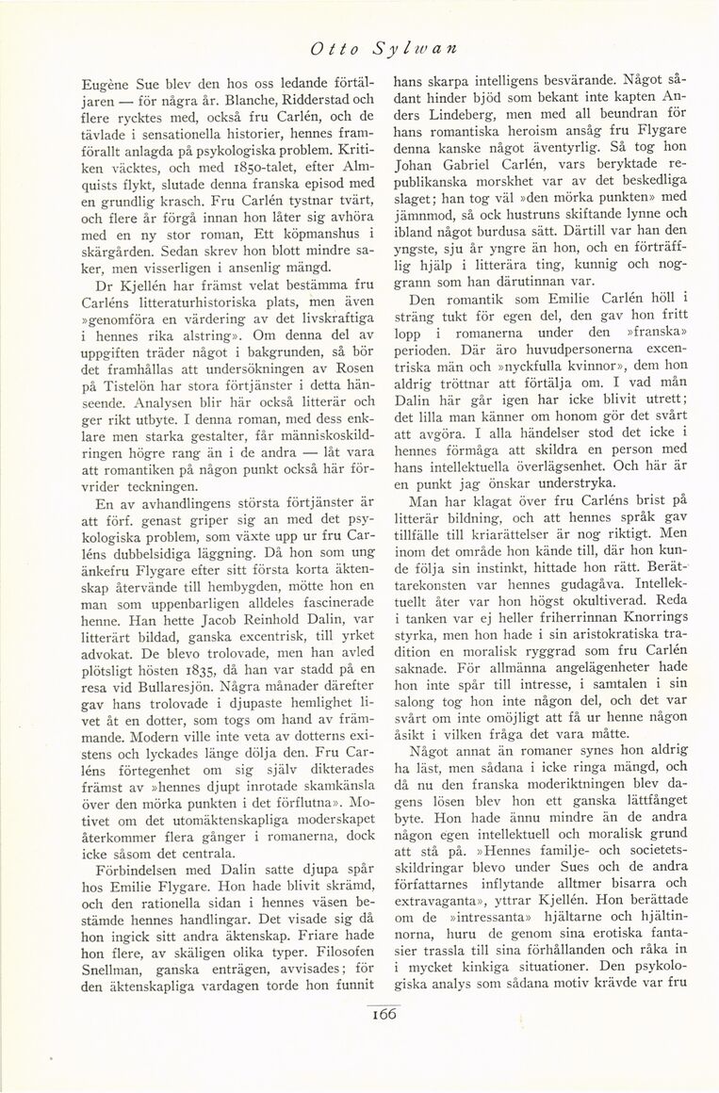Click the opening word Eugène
click(x=93, y=81)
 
